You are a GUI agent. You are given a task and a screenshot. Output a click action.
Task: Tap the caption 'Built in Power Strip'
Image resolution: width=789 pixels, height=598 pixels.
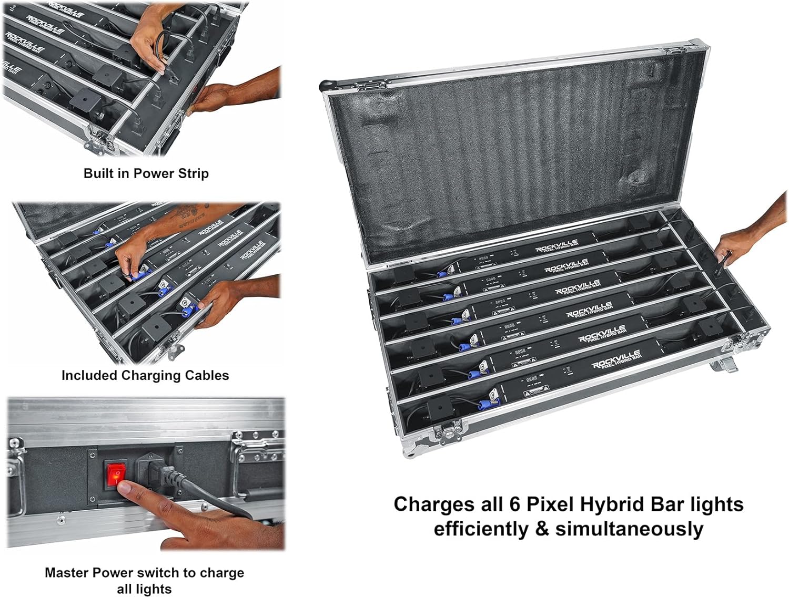(x=146, y=173)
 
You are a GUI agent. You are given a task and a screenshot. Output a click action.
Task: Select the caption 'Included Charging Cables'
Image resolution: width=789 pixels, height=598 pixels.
(x=145, y=375)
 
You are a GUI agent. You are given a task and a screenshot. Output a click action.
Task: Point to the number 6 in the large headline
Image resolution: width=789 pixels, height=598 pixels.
(x=514, y=504)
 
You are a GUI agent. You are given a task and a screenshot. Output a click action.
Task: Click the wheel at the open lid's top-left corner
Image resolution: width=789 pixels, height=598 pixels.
(x=328, y=84)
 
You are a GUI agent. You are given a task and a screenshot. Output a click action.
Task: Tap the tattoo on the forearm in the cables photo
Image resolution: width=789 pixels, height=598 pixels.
(x=188, y=215)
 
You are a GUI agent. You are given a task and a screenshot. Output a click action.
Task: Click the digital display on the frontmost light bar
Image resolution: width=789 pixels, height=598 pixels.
(x=531, y=378)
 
